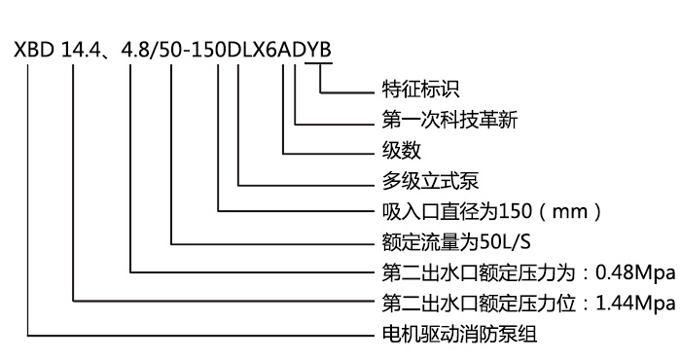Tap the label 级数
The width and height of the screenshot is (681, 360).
click(394, 153)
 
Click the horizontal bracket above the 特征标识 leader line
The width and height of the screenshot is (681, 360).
click(319, 64)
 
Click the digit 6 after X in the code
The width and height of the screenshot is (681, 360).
click(283, 48)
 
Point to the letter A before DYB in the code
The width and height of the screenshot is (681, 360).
click(296, 48)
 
